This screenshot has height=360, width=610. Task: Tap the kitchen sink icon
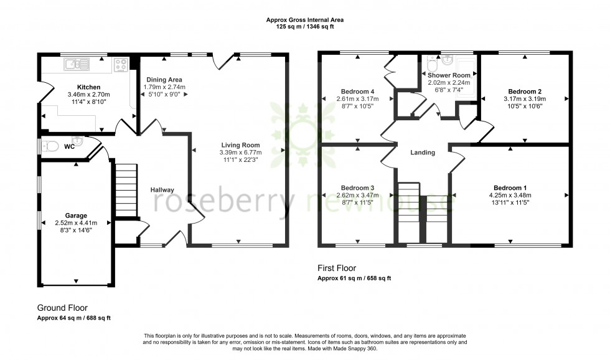[77, 63]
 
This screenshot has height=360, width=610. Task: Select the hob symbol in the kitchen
[120, 64]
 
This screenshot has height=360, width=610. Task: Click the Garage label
[76, 215]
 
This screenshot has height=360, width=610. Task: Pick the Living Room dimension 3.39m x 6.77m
[240, 153]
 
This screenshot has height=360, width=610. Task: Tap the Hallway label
[162, 190]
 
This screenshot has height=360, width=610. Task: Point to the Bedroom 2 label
[523, 90]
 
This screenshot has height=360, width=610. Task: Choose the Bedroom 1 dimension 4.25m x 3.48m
[510, 195]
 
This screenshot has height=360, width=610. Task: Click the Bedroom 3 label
[357, 187]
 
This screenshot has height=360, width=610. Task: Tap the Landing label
[422, 153]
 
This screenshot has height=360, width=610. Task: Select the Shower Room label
[448, 75]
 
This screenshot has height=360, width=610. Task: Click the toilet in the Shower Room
[433, 65]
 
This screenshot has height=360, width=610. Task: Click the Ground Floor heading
[62, 308]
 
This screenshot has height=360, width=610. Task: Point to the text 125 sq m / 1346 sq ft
[305, 27]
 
